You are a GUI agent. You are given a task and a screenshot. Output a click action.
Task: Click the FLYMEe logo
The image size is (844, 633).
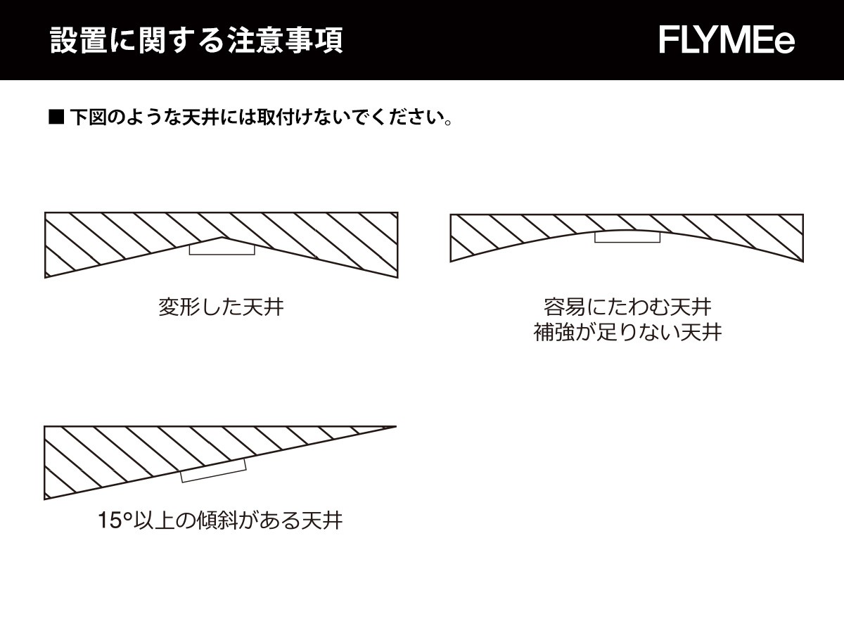[727, 40]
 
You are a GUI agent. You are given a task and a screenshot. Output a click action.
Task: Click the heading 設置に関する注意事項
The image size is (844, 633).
[196, 40]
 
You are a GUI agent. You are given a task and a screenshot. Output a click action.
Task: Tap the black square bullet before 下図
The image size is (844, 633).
[56, 117]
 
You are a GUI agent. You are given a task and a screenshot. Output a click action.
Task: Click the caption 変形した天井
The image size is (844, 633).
[221, 307]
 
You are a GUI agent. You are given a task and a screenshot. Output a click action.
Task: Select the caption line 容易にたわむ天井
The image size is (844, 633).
[627, 307]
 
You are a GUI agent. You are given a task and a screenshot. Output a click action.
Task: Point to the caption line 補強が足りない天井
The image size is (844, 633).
[627, 332]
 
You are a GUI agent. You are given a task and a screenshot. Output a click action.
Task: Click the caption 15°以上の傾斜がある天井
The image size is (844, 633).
[220, 520]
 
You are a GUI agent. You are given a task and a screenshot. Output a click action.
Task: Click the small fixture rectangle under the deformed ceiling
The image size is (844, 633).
[222, 249]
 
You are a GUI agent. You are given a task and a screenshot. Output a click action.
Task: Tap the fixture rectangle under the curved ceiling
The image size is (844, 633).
[627, 237]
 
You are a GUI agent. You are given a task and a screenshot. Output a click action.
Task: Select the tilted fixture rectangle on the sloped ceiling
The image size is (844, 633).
[213, 471]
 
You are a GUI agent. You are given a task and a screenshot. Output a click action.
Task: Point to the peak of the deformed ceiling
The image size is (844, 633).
[222, 237]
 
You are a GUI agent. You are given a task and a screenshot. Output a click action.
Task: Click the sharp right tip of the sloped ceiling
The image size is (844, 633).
[396, 426]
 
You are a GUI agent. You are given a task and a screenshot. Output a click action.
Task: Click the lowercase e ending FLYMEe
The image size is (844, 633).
[784, 44]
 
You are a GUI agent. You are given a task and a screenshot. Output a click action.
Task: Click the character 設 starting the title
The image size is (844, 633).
[64, 40]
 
